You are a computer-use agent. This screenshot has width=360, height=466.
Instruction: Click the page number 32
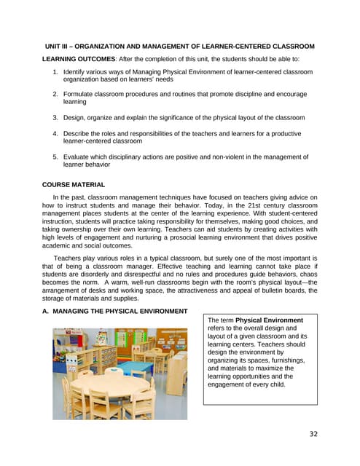(313, 434)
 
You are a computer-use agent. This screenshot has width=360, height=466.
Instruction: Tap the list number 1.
(55, 73)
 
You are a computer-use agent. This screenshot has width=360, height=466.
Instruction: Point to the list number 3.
(55, 117)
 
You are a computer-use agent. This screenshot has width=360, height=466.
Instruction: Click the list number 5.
(55, 157)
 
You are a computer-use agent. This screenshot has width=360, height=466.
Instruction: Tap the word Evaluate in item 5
(78, 157)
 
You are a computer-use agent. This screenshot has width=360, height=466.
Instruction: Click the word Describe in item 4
(79, 134)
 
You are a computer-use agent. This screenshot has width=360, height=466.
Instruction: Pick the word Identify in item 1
(77, 73)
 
